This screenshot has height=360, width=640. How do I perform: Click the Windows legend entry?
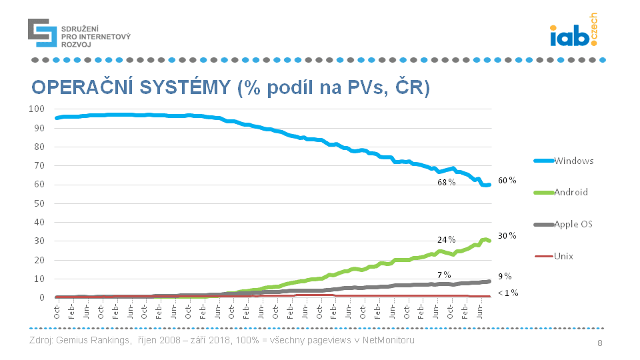[564, 161]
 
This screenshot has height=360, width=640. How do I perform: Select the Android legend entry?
[564, 192]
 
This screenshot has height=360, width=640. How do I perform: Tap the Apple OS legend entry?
[564, 224]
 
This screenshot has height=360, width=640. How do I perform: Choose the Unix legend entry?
[564, 256]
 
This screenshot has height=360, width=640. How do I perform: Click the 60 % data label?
[507, 181]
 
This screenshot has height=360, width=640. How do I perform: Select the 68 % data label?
[447, 183]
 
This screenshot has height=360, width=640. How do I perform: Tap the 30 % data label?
[507, 235]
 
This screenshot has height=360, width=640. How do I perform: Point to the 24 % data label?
[447, 239]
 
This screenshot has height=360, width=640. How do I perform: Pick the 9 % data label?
[505, 275]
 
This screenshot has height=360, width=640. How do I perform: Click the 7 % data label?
[444, 275]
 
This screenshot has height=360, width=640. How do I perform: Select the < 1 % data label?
[507, 293]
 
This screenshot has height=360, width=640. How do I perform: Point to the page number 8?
[599, 343]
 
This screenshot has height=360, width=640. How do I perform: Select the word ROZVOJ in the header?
[75, 44]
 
